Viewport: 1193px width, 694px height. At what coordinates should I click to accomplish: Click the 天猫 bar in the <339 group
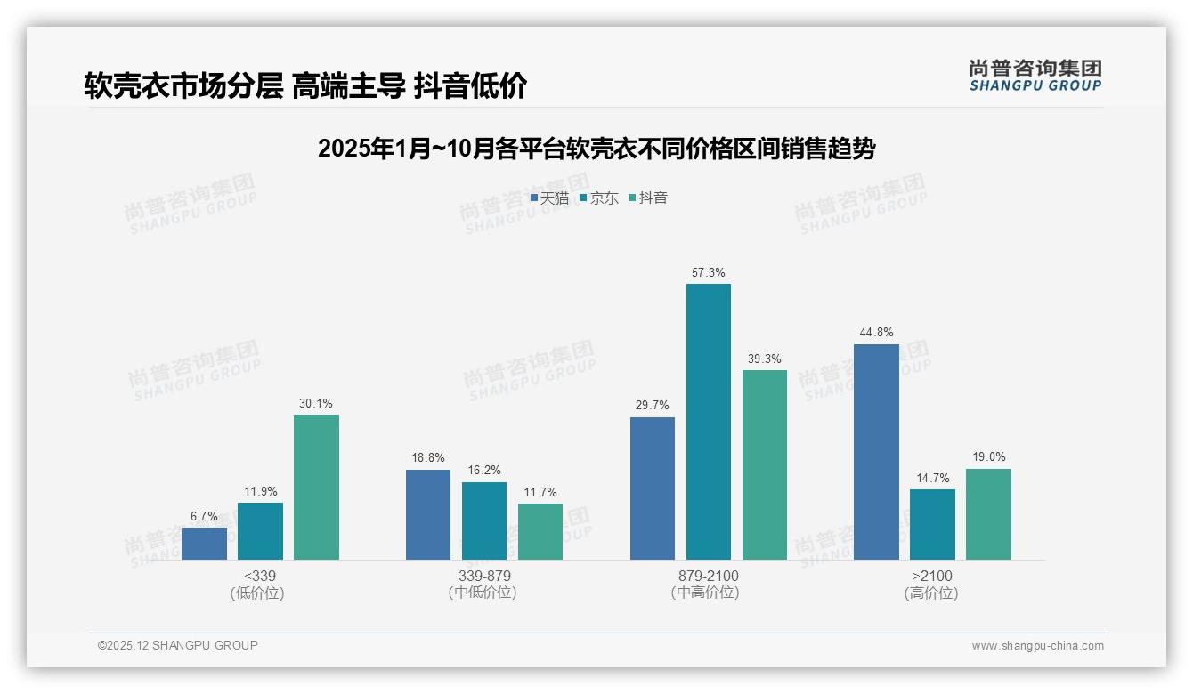tap(204, 544)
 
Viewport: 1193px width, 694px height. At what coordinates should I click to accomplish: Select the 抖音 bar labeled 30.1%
tap(316, 488)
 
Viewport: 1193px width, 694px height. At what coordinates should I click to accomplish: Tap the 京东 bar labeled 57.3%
tap(709, 422)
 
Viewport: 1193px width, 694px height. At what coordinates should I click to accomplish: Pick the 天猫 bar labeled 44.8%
tap(876, 452)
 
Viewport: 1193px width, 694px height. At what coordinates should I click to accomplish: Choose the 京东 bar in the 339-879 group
tap(484, 520)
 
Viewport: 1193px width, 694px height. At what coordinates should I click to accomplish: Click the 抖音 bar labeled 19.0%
tap(988, 514)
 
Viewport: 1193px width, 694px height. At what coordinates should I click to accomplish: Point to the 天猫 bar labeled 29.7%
tap(653, 488)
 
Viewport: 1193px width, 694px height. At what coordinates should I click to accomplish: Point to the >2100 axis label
tap(931, 576)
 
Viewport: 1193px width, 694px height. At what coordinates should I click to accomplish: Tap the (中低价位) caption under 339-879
tap(483, 593)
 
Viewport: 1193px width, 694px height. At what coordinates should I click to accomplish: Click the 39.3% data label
tap(765, 359)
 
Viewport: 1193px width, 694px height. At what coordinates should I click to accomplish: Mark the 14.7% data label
tap(932, 479)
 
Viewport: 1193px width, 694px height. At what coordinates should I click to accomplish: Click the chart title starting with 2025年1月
tap(596, 149)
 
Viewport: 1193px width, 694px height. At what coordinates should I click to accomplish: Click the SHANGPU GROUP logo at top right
tap(1035, 76)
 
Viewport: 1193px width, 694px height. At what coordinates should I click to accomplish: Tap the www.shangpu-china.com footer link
tap(1037, 646)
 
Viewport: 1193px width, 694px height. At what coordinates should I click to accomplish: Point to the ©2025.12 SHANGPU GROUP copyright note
tap(178, 645)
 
